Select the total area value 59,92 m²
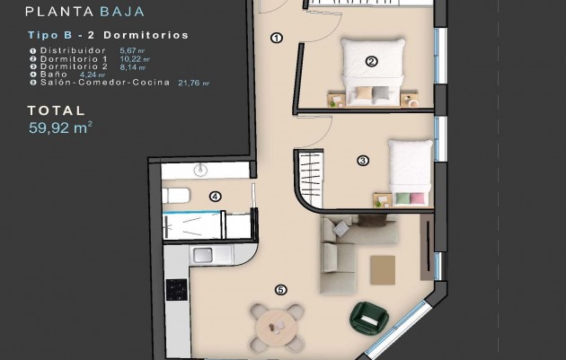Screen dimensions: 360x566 pyautogui.click(x=60, y=127)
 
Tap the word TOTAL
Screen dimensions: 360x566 pyautogui.click(x=57, y=111)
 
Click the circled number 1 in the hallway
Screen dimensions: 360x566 pyautogui.click(x=276, y=38)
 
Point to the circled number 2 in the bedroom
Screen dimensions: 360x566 pyautogui.click(x=371, y=62)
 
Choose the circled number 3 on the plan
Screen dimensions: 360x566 pyautogui.click(x=363, y=161)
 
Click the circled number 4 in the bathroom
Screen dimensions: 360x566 pyautogui.click(x=215, y=197)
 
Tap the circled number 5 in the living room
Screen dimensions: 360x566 pyautogui.click(x=280, y=290)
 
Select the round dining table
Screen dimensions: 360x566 pyautogui.click(x=276, y=326)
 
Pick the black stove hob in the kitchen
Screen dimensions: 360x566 pyautogui.click(x=177, y=290)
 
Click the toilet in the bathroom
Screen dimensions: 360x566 pyautogui.click(x=175, y=195)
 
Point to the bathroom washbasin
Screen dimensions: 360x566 pyautogui.click(x=200, y=170)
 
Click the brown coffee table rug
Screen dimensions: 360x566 pyautogui.click(x=383, y=267)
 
